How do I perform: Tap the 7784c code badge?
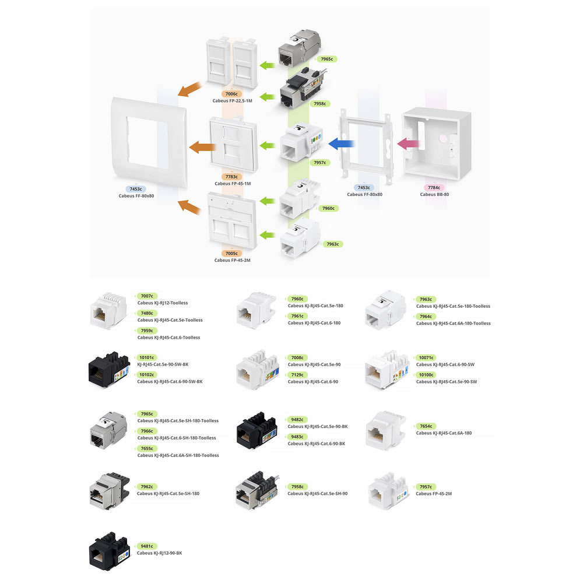click(433, 188)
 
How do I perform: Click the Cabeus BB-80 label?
click(434, 194)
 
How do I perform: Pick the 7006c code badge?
click(231, 94)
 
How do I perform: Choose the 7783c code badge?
click(232, 177)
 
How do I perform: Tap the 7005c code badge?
click(232, 254)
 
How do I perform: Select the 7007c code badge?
click(146, 296)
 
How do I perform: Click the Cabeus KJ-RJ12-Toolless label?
click(163, 303)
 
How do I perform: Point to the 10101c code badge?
click(147, 357)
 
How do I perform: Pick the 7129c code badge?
click(298, 375)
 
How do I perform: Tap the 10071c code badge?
click(427, 357)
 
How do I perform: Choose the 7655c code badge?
click(147, 448)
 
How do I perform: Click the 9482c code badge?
click(297, 419)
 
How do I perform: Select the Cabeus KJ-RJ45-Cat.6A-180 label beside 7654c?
click(444, 433)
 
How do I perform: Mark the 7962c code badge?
click(147, 486)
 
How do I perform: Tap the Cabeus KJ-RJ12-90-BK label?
click(160, 553)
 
